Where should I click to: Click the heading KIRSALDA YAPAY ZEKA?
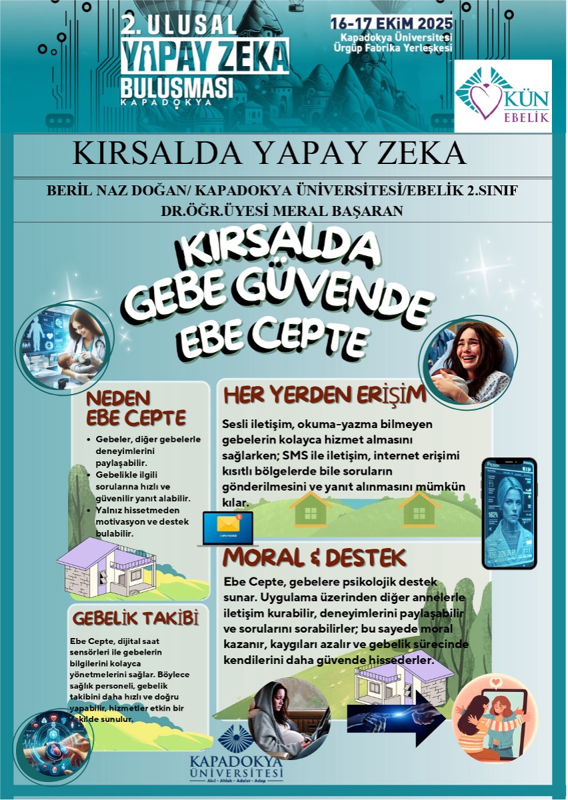point(269,153)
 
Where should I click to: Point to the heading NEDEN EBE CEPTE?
point(136,408)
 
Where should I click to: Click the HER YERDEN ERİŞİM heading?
point(324,395)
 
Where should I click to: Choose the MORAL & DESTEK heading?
point(315,555)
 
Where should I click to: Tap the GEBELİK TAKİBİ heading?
point(135,619)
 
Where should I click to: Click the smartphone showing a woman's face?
point(509,513)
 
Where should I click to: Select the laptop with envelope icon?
point(228,528)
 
